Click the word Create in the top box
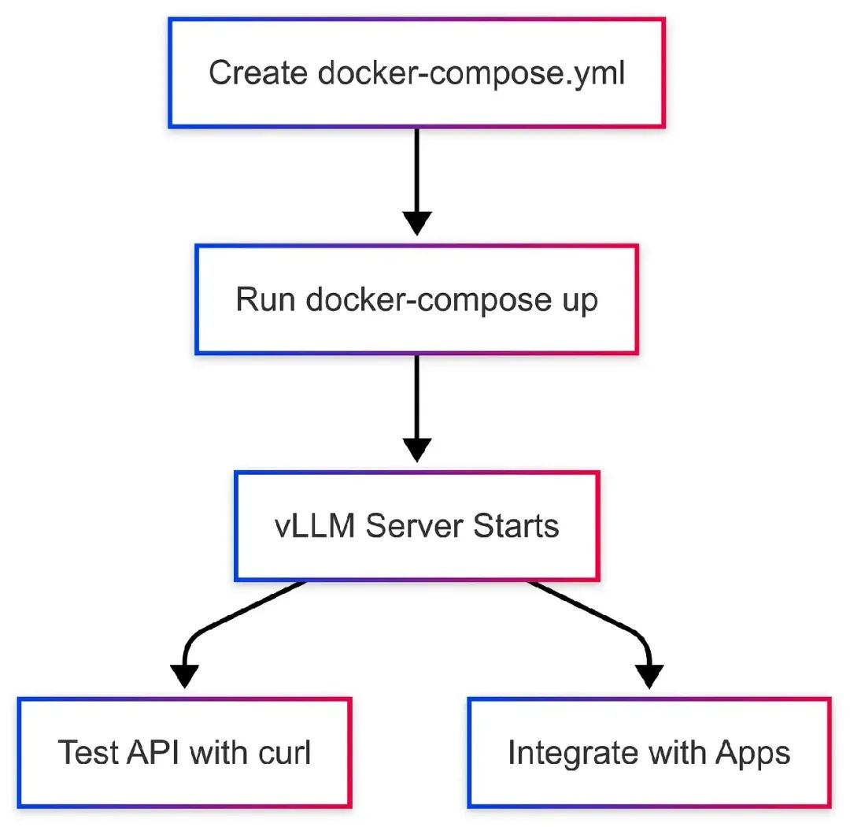[258, 73]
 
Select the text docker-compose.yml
[471, 73]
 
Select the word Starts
[516, 526]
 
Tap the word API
[153, 752]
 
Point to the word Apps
[752, 752]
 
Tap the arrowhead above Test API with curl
[185, 676]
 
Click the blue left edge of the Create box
[170, 73]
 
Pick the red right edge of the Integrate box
[830, 752]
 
